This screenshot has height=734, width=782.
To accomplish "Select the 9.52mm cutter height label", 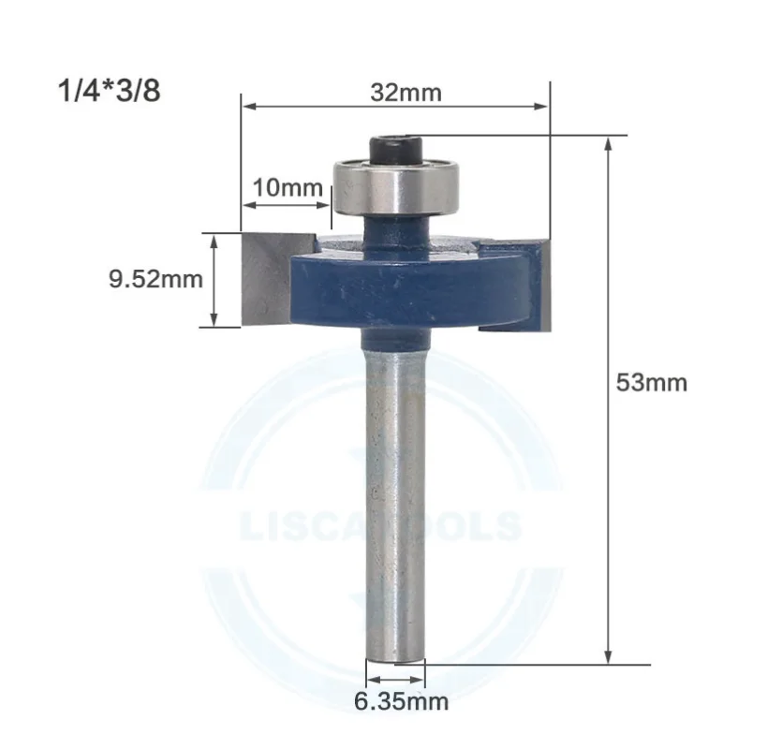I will click(x=155, y=279).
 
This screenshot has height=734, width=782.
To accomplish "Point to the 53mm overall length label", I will click(x=652, y=382).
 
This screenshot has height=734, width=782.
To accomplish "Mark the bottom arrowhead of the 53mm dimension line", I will click(x=611, y=657).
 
